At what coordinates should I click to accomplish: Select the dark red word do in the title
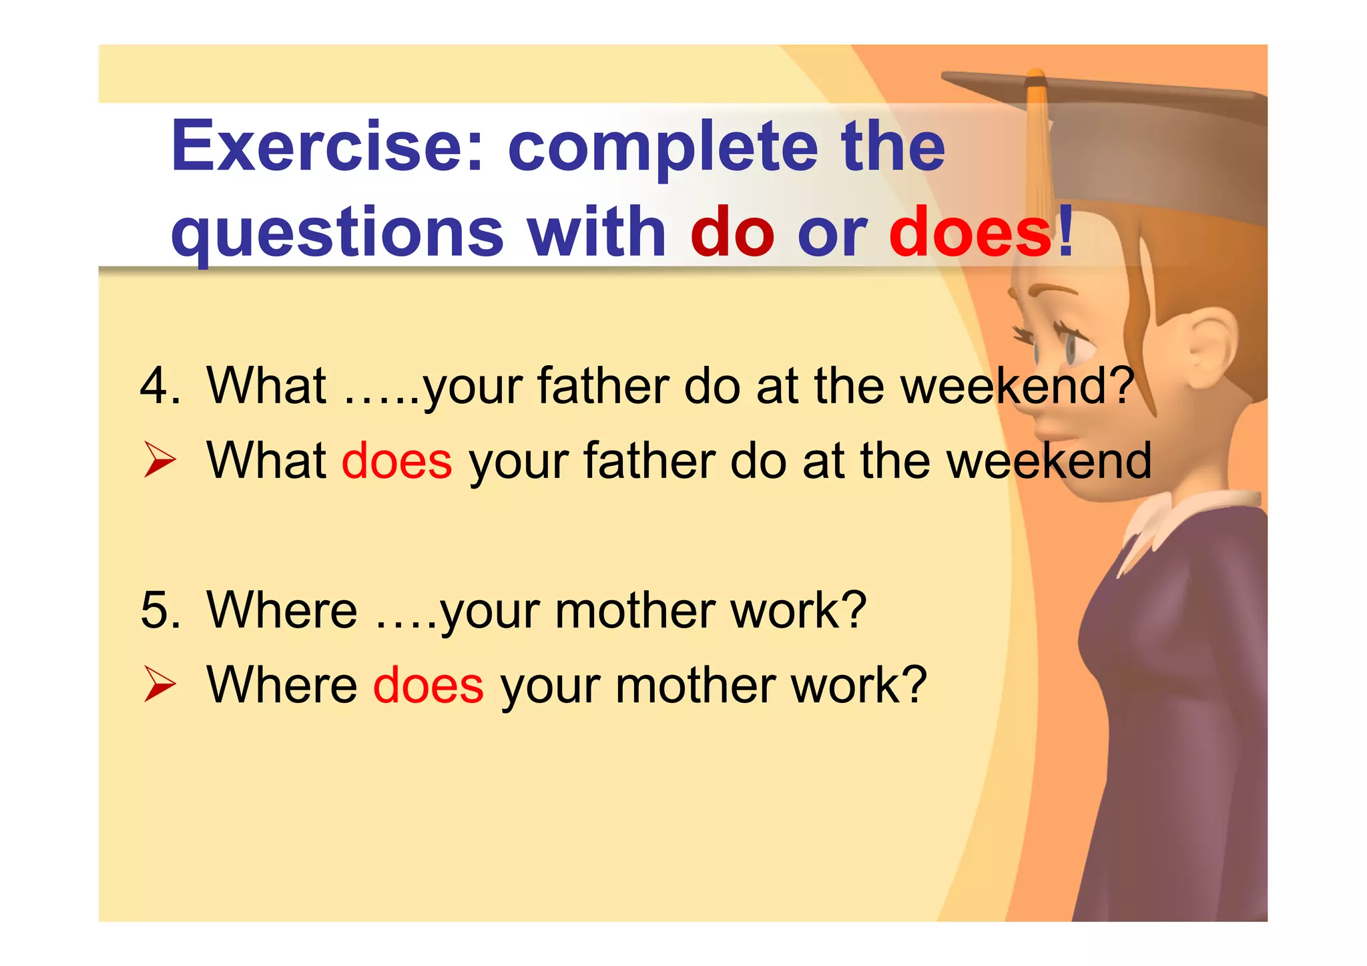click(x=732, y=232)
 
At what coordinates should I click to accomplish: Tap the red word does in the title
click(x=971, y=232)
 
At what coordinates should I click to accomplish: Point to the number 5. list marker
click(x=160, y=610)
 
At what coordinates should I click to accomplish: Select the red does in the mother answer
click(x=428, y=686)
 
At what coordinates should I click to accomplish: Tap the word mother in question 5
click(x=635, y=610)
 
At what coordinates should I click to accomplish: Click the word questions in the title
click(x=337, y=232)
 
